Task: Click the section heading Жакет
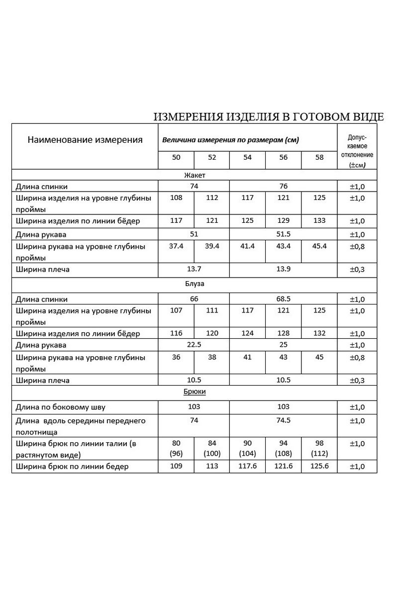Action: tap(194, 175)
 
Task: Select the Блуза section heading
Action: tap(194, 284)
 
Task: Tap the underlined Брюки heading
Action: tap(194, 392)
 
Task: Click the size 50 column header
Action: tap(176, 157)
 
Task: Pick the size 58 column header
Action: tap(319, 157)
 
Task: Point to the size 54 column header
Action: tap(248, 157)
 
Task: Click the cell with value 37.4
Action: tap(176, 247)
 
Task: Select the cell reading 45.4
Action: tap(319, 247)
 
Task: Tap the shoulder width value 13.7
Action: tap(194, 269)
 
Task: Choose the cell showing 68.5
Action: tap(284, 299)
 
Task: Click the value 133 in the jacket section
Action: tap(319, 220)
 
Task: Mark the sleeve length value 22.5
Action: tap(194, 345)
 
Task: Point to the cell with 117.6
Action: tap(248, 467)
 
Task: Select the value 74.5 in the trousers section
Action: tap(284, 420)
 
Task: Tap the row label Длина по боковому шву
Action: tap(61, 407)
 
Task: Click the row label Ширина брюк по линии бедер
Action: tap(72, 467)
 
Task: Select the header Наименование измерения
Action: tap(85, 140)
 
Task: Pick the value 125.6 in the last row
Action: tap(319, 467)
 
